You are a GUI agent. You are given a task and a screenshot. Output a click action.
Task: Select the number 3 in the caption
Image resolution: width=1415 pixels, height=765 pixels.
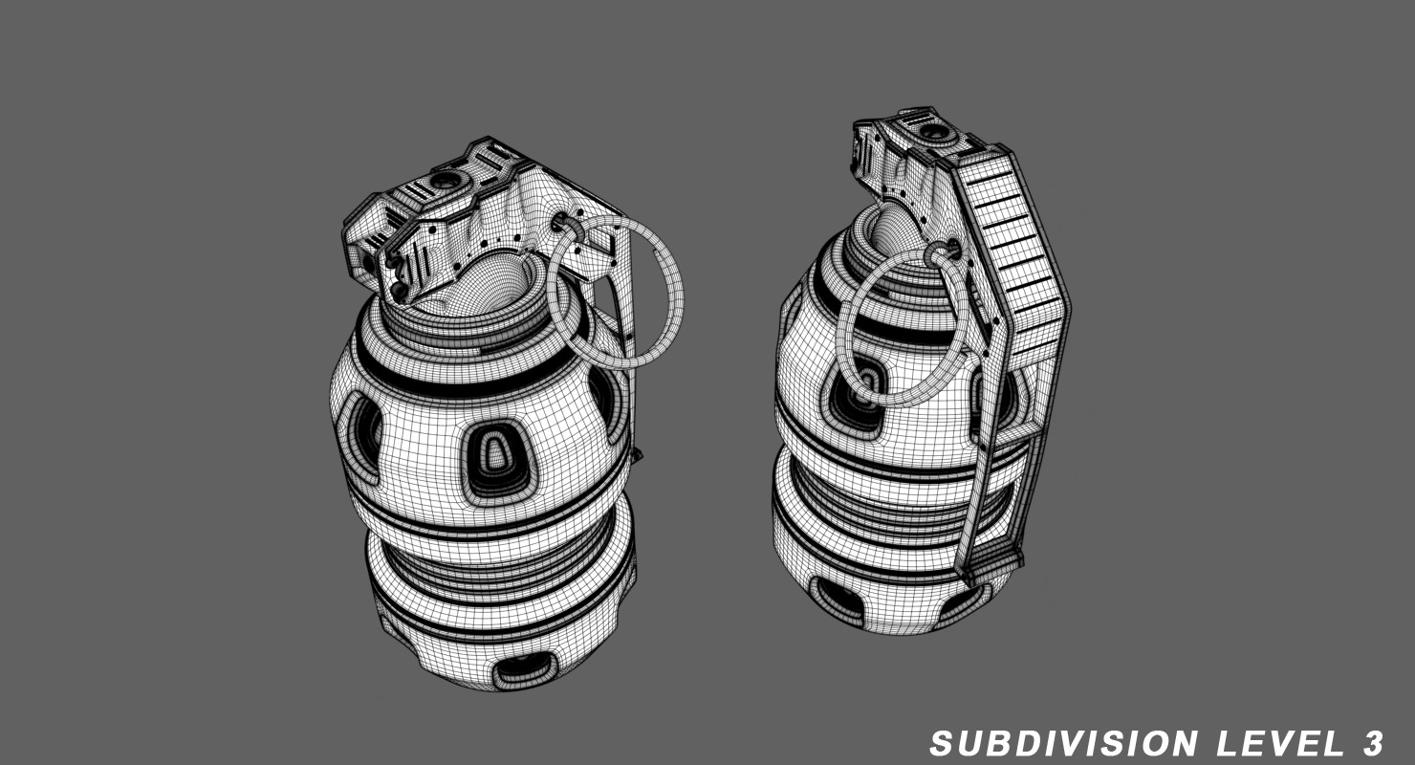tap(1371, 743)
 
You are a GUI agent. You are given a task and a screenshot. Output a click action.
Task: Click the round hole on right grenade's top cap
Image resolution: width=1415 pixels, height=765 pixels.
tap(930, 130)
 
